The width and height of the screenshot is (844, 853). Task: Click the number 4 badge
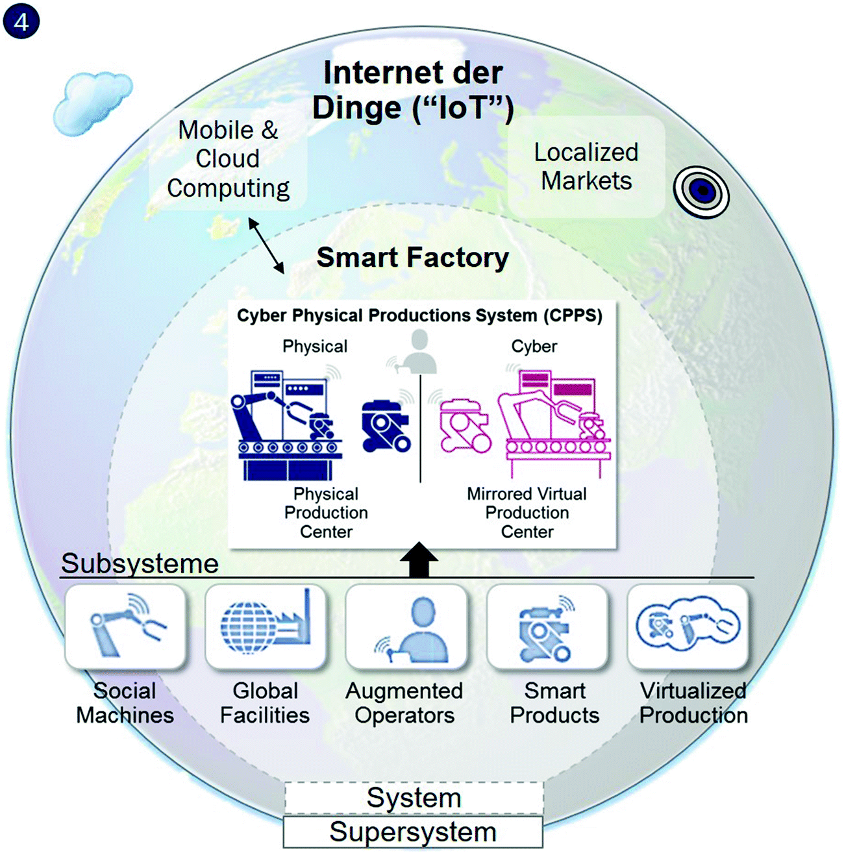tap(21, 21)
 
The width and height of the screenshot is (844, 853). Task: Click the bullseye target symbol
tap(702, 191)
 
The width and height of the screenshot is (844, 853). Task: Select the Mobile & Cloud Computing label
tap(228, 159)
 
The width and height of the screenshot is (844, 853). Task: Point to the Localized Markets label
tap(586, 166)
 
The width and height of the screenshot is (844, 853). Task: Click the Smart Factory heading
tap(413, 258)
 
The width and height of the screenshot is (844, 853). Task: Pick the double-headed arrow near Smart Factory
tap(266, 246)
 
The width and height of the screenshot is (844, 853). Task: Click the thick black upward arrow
tap(419, 560)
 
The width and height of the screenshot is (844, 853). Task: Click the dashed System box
tap(414, 798)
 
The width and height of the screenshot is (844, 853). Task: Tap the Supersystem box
tap(413, 832)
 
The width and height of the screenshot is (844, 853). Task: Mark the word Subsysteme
tap(140, 563)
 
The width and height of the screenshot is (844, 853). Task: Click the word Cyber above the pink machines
tap(534, 346)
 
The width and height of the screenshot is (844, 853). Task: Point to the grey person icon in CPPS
tap(419, 351)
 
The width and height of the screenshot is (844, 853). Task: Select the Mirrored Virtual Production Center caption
tap(527, 513)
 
